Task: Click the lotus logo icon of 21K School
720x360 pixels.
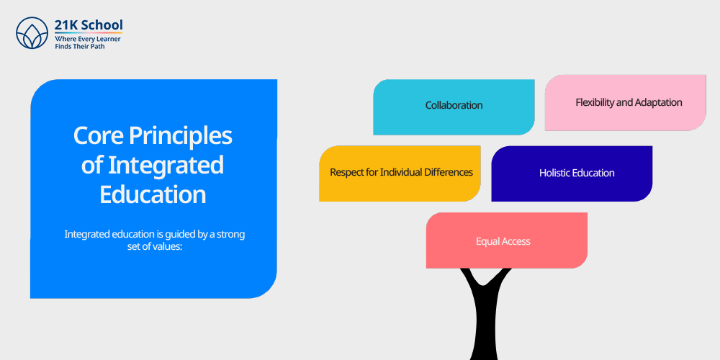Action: (x=32, y=32)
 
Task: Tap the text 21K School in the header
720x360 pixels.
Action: (x=89, y=24)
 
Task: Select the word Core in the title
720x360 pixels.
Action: (x=97, y=136)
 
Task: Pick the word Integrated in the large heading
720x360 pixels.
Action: (x=166, y=166)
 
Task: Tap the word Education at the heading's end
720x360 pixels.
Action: (x=153, y=194)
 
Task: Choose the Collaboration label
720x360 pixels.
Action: (x=454, y=105)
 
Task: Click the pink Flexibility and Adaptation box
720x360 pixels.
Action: (x=626, y=103)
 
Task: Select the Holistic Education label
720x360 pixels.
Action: (x=577, y=173)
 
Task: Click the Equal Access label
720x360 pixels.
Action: (x=503, y=241)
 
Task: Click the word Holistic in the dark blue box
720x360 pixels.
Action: (x=554, y=173)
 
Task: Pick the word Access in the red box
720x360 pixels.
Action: (x=516, y=241)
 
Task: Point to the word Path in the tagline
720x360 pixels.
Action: (x=98, y=47)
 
